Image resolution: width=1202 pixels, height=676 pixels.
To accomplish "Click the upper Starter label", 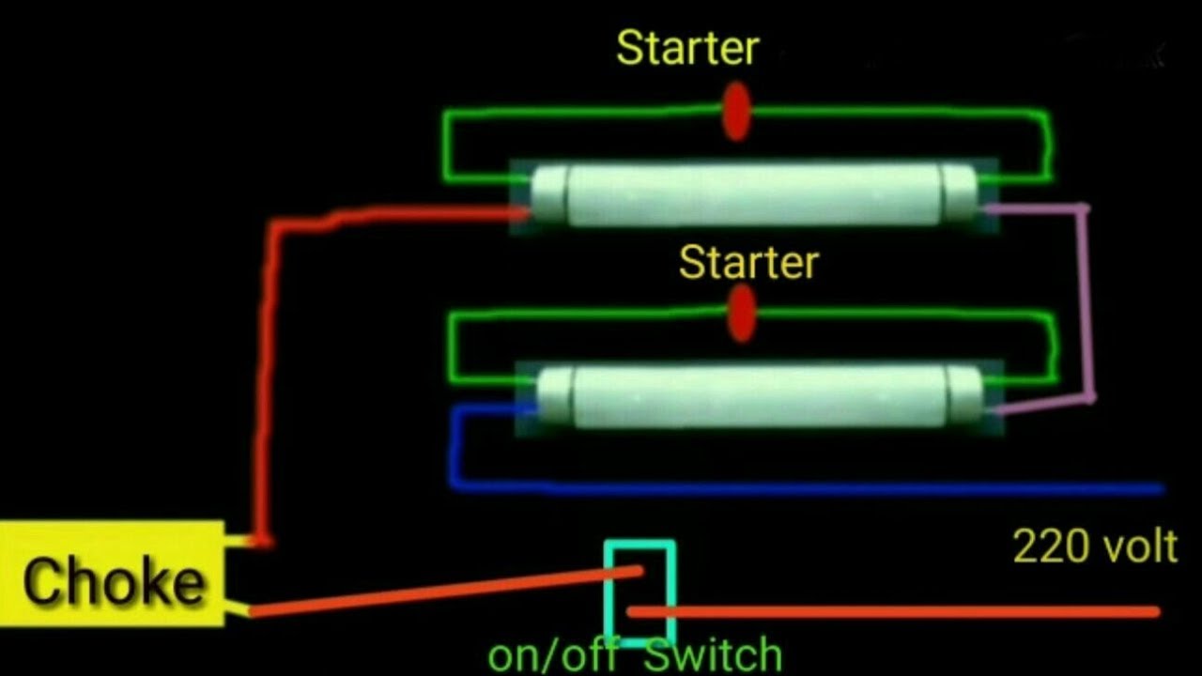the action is (687, 48).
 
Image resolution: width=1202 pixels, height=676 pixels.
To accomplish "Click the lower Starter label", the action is (748, 262).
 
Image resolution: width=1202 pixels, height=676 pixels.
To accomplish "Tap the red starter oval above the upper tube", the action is (736, 112).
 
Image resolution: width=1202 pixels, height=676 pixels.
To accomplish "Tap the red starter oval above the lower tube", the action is (742, 314).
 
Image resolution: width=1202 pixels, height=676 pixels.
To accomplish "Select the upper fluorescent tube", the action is (754, 194).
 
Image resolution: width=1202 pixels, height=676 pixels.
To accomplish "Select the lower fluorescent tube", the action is (760, 397).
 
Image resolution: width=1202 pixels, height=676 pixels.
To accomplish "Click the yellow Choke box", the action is (112, 573).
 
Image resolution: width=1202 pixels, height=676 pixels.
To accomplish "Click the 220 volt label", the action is (1095, 547).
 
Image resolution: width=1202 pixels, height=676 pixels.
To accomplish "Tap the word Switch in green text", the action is (713, 654).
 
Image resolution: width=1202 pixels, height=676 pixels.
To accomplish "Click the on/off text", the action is (553, 655).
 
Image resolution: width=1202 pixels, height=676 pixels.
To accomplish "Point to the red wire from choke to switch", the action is (445, 591).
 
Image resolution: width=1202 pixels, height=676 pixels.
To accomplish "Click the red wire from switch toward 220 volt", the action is (893, 611).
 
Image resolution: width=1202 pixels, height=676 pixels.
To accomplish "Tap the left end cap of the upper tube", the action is (548, 195).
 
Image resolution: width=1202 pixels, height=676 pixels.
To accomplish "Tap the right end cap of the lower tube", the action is (964, 397).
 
